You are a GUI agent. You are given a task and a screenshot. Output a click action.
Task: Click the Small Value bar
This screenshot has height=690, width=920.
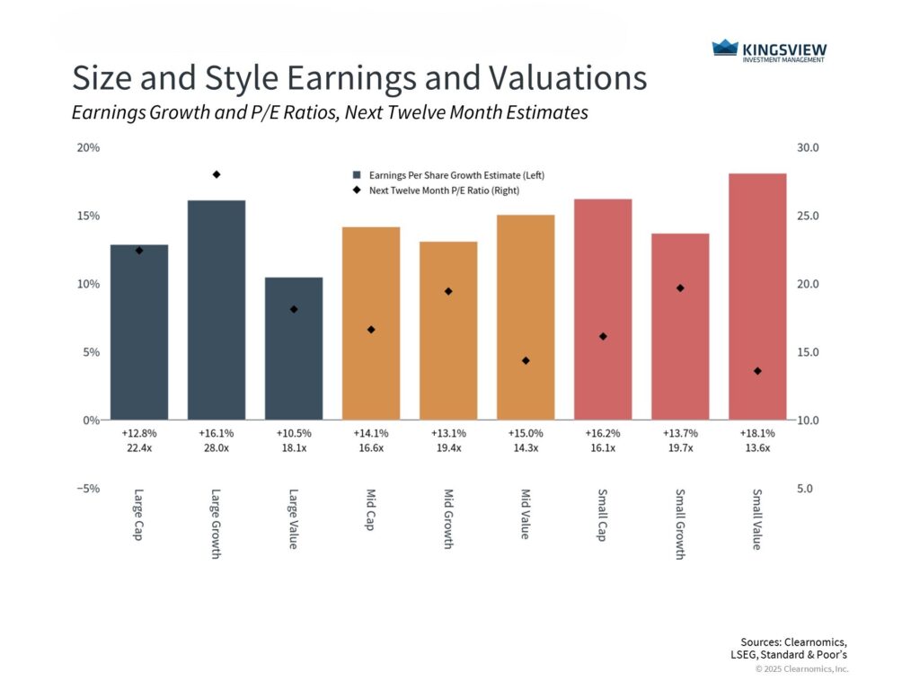[x=757, y=296]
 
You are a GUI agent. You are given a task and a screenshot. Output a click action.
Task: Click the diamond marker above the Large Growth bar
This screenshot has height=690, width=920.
[x=217, y=174]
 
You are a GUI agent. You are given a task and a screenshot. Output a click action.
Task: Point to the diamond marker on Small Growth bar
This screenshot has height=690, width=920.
[x=680, y=288]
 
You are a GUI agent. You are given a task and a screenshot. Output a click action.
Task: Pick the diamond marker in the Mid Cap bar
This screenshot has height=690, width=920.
[x=371, y=330]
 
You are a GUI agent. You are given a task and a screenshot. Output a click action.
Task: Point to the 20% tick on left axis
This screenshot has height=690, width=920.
[x=88, y=147]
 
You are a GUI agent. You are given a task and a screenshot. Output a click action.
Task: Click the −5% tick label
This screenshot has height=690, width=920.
[x=86, y=489]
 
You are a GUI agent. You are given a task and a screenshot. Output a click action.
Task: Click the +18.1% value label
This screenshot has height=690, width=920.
[x=757, y=433]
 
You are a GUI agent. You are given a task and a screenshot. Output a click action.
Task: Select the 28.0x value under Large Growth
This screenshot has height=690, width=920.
[x=217, y=448]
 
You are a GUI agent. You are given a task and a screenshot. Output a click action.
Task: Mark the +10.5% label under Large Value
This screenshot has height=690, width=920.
[x=294, y=433]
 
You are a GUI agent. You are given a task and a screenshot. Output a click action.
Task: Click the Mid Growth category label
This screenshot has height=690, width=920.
[x=448, y=519]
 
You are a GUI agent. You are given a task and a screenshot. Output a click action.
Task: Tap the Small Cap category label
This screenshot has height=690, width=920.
[x=603, y=514]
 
